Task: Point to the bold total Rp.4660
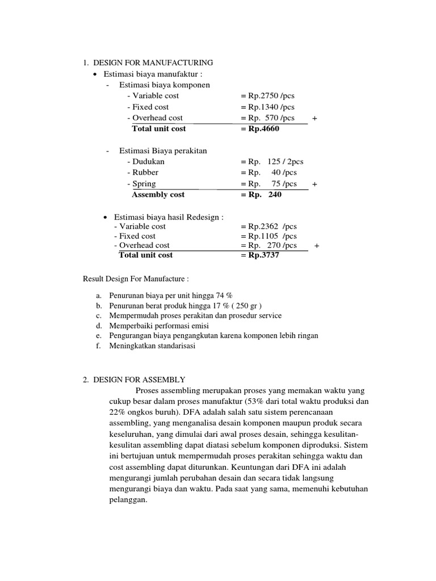(x=260, y=129)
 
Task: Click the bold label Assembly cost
(x=158, y=195)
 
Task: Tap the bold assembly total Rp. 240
(x=261, y=195)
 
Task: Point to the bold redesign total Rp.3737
(x=260, y=255)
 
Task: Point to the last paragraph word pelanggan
(x=128, y=501)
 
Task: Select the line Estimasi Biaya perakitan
(x=163, y=151)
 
